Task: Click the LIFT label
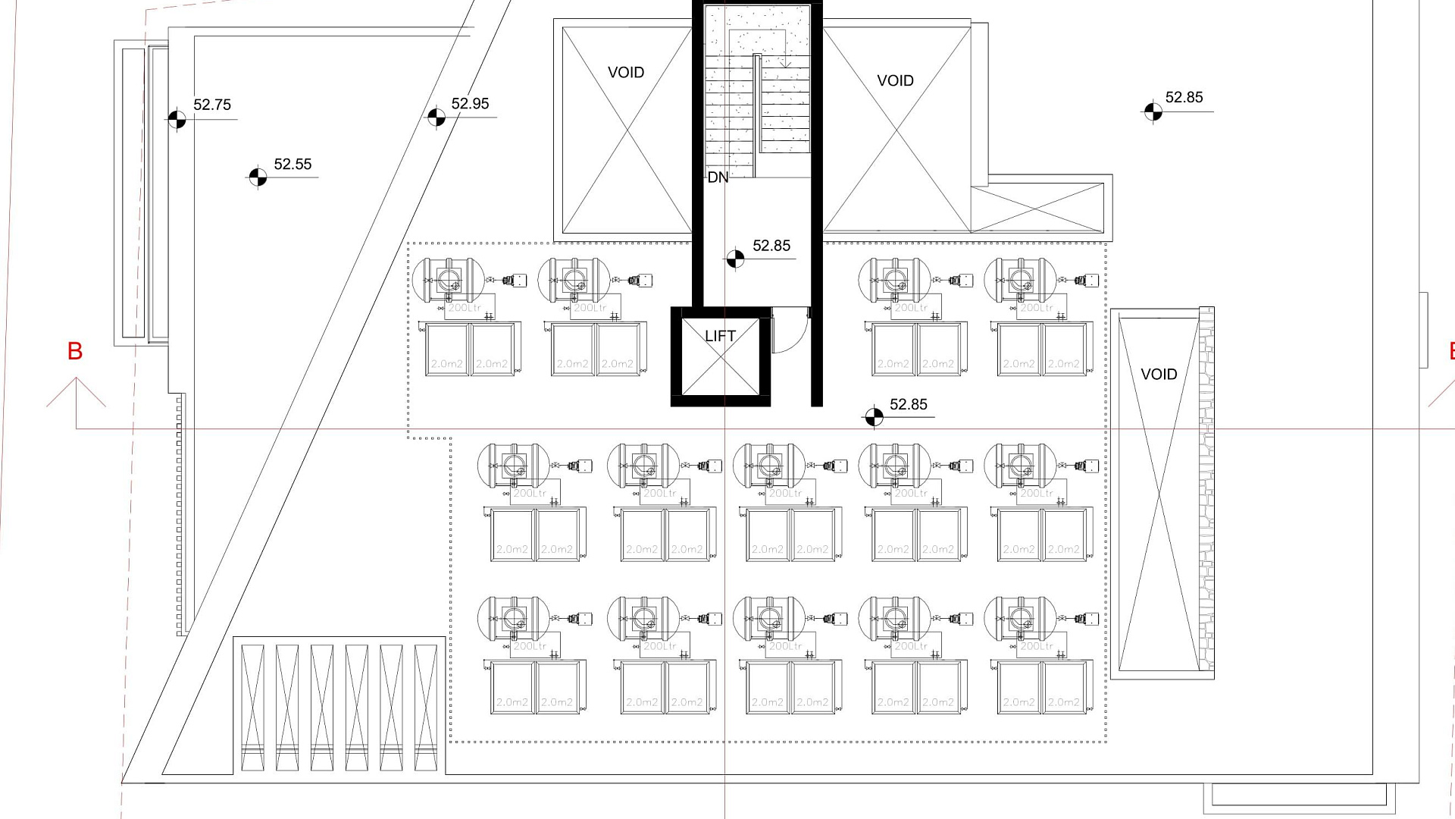coord(720,336)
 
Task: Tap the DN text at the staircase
coord(718,177)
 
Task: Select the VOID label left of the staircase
coord(626,73)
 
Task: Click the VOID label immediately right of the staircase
coord(895,80)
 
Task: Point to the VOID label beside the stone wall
coord(1159,375)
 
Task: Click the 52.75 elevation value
coord(212,105)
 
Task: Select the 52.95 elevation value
coord(470,104)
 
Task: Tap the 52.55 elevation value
coord(293,165)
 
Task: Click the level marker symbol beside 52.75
coord(177,119)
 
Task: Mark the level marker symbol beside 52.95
coord(436,118)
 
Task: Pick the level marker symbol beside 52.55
coord(258,177)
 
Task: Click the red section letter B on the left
coord(75,351)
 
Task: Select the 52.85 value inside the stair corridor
coord(771,246)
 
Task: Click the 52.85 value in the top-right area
coord(1184,97)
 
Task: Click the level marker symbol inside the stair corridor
coord(734,259)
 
